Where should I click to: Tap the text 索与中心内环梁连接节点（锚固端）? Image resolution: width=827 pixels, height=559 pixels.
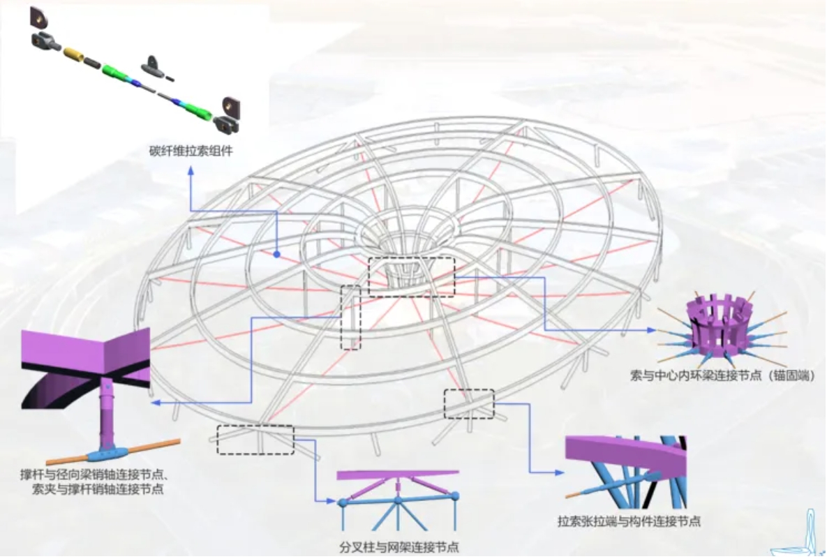[x=722, y=375]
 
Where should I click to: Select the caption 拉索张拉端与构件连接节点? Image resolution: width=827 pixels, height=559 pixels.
[x=629, y=521]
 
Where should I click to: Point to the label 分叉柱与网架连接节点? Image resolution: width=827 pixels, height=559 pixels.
[x=398, y=547]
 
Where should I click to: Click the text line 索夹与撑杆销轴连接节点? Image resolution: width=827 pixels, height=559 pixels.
[x=98, y=489]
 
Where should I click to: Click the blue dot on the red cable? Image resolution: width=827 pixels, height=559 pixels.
[x=276, y=255]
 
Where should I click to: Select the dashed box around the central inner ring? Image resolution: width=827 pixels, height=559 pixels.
[x=411, y=276]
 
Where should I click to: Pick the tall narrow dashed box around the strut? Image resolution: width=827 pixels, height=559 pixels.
[x=351, y=318]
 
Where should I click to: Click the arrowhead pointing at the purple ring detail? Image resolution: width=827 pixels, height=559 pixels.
[x=654, y=329]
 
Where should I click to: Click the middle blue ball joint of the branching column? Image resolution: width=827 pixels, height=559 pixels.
[x=398, y=500]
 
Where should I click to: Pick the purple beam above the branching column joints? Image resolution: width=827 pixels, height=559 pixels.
[x=398, y=475]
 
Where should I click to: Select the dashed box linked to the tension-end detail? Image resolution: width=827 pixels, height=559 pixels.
[x=469, y=404]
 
